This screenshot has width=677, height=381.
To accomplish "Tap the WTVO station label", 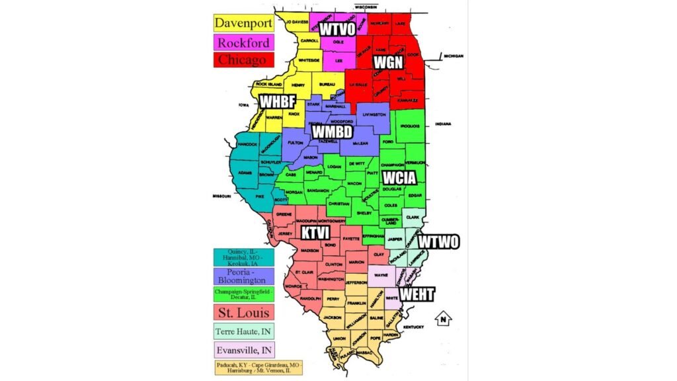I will click(338, 28).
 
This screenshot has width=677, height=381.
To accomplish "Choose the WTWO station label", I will click(438, 242).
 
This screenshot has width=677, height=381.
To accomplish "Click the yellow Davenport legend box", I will click(243, 23).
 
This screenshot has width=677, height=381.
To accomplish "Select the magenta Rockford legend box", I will click(243, 42).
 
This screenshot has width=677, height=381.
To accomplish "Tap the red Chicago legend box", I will click(243, 60).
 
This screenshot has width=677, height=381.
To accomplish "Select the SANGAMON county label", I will click(317, 190).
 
